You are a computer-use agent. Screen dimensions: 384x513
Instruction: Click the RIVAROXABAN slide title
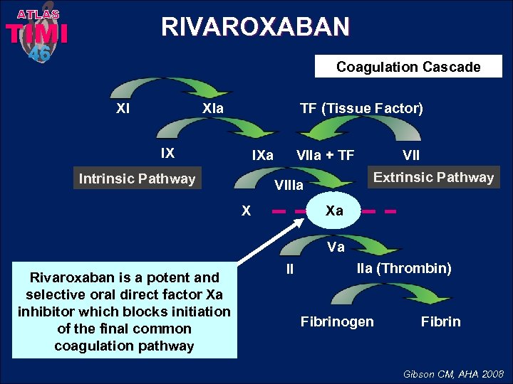[x=256, y=27]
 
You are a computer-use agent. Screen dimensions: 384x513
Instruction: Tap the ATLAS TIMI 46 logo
[x=37, y=32]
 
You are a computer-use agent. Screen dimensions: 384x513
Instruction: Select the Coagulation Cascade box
[x=408, y=67]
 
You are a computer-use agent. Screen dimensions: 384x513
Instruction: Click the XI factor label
[x=123, y=109]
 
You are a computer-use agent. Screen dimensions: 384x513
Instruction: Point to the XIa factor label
[x=213, y=109]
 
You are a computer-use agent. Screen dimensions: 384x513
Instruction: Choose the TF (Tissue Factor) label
[x=361, y=108]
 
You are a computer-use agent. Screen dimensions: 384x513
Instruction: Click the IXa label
[x=263, y=155]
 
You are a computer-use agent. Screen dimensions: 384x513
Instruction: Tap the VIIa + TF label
[x=325, y=155]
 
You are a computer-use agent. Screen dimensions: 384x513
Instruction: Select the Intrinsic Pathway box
[x=137, y=178]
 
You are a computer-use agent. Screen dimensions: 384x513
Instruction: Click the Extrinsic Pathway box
[x=433, y=177]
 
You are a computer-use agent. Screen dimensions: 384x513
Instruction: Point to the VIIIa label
[x=289, y=186]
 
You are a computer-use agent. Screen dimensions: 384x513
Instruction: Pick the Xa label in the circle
[x=334, y=210]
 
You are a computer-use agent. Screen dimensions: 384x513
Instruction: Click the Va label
[x=335, y=247]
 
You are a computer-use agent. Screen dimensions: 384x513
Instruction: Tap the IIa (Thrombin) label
[x=403, y=268]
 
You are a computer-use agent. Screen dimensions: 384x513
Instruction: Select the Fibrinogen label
[x=337, y=321]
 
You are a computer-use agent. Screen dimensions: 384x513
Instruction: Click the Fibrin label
[x=440, y=321]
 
